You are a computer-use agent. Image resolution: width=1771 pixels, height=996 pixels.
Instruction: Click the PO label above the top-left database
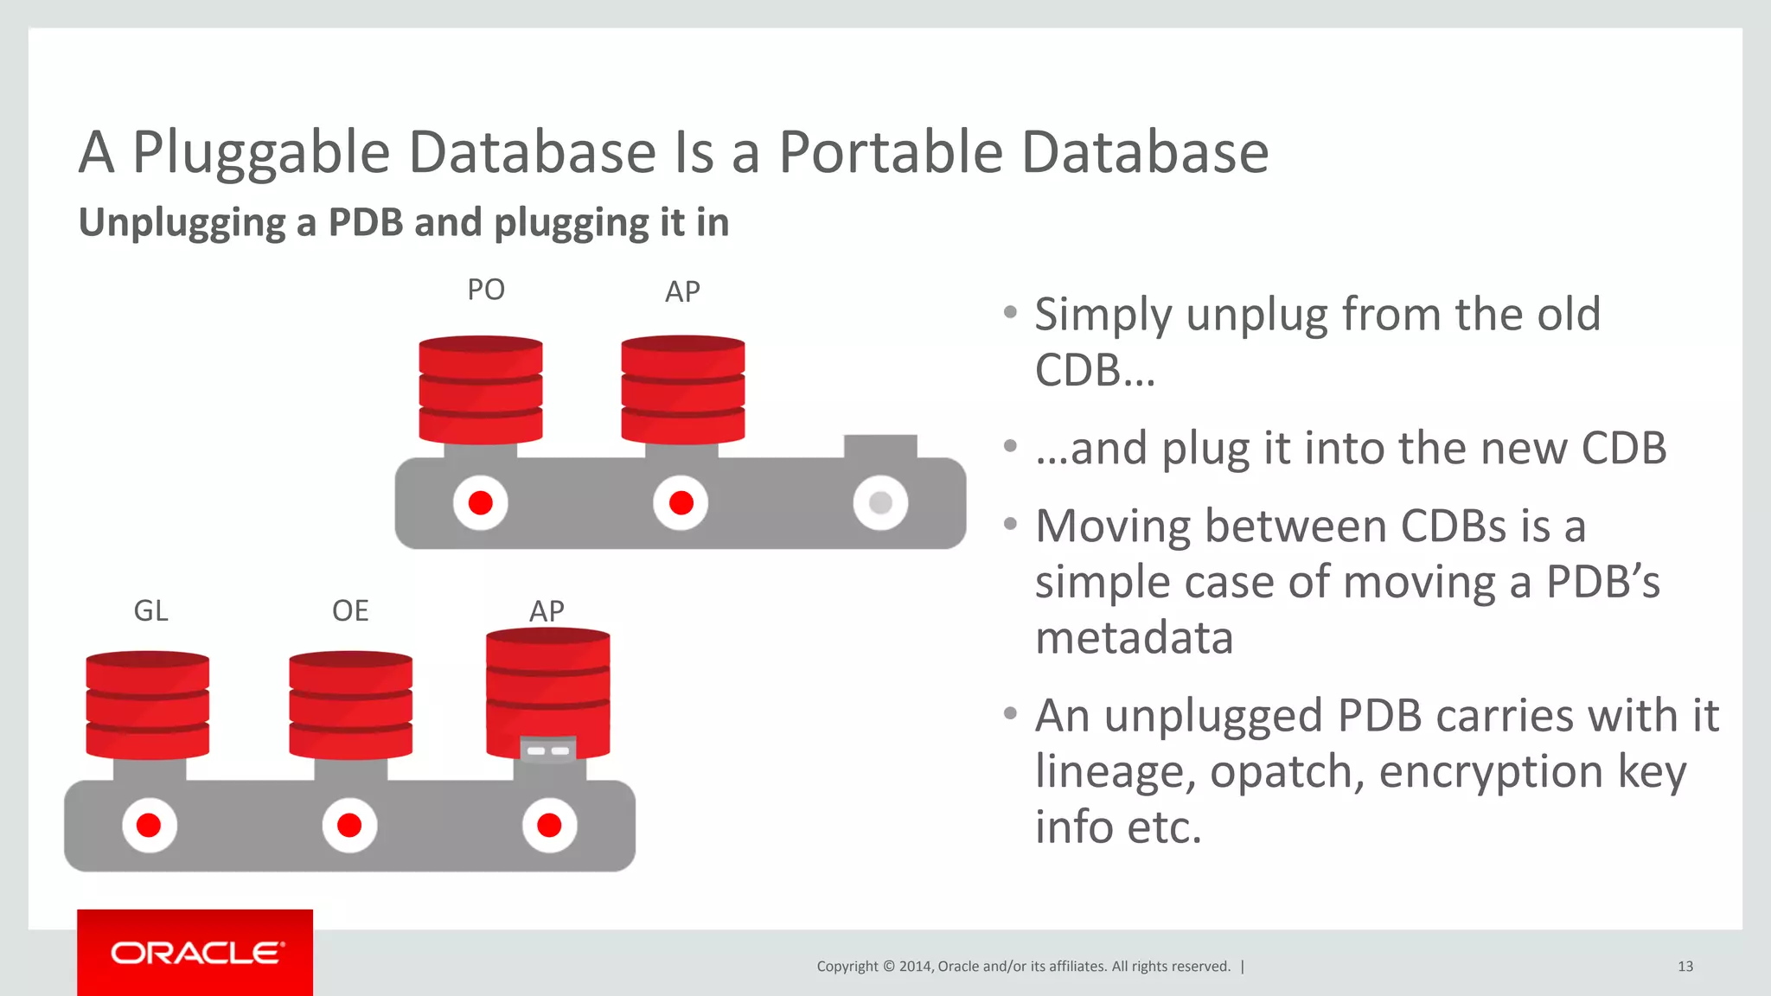pos(485,290)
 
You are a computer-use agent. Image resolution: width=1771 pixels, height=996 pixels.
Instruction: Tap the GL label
pos(150,611)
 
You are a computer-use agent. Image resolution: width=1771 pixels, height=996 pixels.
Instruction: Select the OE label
pos(350,611)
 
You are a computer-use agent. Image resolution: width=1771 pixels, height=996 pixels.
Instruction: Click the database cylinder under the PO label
pos(481,390)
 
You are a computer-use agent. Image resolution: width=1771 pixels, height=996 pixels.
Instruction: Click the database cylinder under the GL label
pos(147,705)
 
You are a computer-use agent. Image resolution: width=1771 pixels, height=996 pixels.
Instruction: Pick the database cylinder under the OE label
pos(350,705)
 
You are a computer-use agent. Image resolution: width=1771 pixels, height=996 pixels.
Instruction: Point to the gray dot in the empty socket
pos(880,502)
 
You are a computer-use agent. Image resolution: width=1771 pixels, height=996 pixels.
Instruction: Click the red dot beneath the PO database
pos(481,502)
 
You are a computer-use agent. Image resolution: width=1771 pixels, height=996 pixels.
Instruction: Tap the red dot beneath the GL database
pos(149,825)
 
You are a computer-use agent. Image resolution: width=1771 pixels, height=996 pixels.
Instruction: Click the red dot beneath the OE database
pos(349,825)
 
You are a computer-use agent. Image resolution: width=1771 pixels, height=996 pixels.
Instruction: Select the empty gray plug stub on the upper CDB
pos(880,446)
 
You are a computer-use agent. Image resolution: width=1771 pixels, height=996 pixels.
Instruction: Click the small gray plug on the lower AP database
pos(548,750)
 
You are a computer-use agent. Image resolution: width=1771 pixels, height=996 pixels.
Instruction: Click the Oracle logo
pos(195,953)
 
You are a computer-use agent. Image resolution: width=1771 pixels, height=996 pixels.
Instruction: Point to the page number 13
pos(1685,967)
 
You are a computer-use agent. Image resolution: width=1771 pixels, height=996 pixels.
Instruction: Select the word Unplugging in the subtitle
pos(182,223)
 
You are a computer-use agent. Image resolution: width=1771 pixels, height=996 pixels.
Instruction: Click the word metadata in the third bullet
pos(1134,638)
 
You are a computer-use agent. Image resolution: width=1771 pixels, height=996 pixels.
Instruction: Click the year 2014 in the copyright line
pos(915,967)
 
